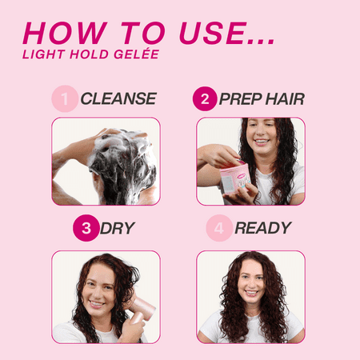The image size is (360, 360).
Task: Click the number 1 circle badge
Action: tap(65, 99)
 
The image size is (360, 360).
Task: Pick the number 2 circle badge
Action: tap(205, 99)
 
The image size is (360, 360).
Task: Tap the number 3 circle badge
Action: tap(85, 228)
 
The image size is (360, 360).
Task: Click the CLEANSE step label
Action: tap(118, 99)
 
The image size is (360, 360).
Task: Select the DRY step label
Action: tap(118, 228)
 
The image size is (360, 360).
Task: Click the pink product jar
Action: tap(234, 178)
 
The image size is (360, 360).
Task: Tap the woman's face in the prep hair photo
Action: tap(261, 135)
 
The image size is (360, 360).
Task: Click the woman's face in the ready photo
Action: tap(251, 279)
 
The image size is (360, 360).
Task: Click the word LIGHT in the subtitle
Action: tap(44, 54)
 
